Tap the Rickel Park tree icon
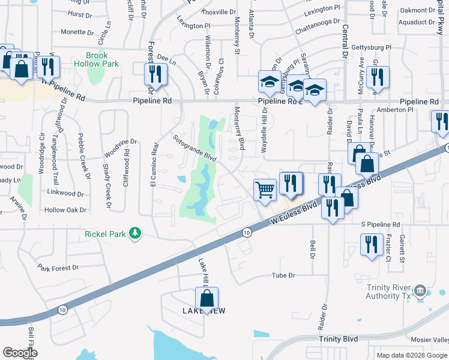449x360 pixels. pyautogui.click(x=136, y=233)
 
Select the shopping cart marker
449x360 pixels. pyautogui.click(x=265, y=190)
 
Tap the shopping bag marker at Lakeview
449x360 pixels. pyautogui.click(x=206, y=298)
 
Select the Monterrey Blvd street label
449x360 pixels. pyautogui.click(x=240, y=128)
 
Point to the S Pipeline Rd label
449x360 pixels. pyautogui.click(x=381, y=224)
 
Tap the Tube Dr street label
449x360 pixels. pyautogui.click(x=284, y=275)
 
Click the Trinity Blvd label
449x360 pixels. pyautogui.click(x=338, y=339)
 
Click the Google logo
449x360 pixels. pyautogui.click(x=20, y=353)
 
